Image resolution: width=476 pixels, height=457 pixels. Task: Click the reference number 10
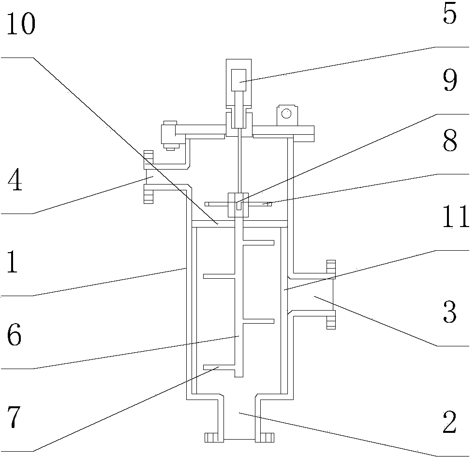(x=21, y=25)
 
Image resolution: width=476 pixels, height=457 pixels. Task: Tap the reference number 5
(x=449, y=15)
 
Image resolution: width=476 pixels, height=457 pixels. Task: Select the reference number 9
(x=449, y=82)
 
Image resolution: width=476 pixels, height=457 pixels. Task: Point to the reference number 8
(x=449, y=141)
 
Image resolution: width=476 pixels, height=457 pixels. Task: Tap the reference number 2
(x=449, y=423)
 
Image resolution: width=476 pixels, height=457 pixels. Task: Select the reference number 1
(x=12, y=263)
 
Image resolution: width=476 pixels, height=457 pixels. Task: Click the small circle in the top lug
(x=286, y=114)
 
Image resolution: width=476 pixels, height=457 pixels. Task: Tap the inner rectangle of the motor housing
(x=238, y=80)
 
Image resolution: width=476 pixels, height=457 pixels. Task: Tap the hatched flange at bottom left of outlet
(x=212, y=437)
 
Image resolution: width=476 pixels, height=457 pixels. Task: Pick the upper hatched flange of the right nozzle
(x=331, y=269)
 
